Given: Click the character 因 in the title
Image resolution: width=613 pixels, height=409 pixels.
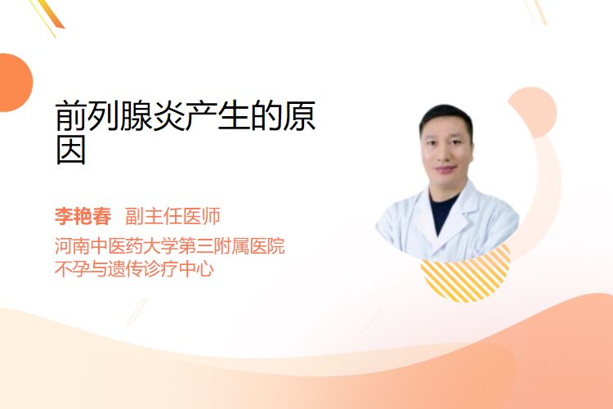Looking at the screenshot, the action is click(x=71, y=150).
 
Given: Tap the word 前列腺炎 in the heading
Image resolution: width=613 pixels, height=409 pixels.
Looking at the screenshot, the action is click(x=120, y=116).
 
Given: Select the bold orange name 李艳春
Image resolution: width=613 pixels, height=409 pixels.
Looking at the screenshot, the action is click(x=83, y=216).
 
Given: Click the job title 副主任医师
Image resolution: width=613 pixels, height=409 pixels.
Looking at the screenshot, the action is click(x=172, y=216).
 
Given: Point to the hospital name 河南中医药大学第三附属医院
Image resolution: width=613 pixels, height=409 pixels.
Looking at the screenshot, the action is click(x=170, y=246).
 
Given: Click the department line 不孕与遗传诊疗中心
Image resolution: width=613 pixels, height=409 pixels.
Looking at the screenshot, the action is click(x=134, y=269).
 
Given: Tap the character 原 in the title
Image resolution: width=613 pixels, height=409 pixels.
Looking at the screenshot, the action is click(x=299, y=116).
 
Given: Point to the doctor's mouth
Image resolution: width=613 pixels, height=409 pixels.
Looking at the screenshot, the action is click(x=446, y=169).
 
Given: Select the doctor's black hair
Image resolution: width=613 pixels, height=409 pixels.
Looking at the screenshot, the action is click(x=445, y=117).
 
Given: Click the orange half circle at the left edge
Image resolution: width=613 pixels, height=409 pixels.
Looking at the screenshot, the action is click(x=15, y=83).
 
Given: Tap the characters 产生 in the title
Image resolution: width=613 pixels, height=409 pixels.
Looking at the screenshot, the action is click(x=217, y=116).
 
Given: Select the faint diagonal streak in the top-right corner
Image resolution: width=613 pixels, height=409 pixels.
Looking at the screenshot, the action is click(x=535, y=11).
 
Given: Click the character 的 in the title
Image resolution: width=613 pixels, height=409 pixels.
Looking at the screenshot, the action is click(x=266, y=116).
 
